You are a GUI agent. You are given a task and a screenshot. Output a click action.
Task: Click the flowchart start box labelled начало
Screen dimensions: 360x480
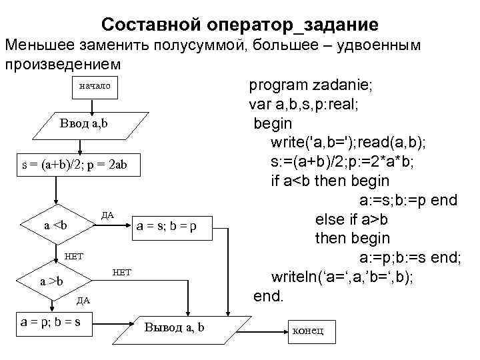94,86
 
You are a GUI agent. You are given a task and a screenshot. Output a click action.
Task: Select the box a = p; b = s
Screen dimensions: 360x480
53,322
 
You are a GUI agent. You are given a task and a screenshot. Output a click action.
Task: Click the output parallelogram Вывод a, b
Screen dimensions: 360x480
175,327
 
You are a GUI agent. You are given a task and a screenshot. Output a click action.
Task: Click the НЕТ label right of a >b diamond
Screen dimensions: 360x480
123,271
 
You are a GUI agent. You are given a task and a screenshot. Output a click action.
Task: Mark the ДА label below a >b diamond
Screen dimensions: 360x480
83,300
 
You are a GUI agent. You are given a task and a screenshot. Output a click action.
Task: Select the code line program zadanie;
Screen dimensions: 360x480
311,85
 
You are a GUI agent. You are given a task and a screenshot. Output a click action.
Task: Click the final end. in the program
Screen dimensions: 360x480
269,295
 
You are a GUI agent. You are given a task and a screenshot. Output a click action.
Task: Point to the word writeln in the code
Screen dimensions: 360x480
294,277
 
